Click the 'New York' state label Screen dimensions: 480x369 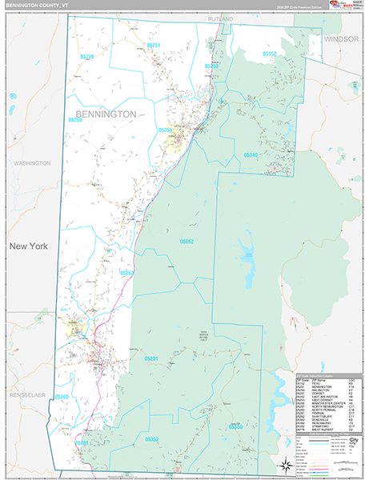click(28, 246)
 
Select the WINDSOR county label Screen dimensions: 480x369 click(342, 38)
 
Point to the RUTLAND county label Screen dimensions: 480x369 click(221, 18)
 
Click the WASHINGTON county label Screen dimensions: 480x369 click(32, 162)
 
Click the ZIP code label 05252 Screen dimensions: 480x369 click(187, 241)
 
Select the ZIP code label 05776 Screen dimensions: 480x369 click(86, 57)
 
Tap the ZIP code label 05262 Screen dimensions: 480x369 click(126, 273)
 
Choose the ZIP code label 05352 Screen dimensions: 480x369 click(153, 438)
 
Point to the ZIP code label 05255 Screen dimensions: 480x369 click(165, 130)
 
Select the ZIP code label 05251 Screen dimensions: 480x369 click(154, 45)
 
